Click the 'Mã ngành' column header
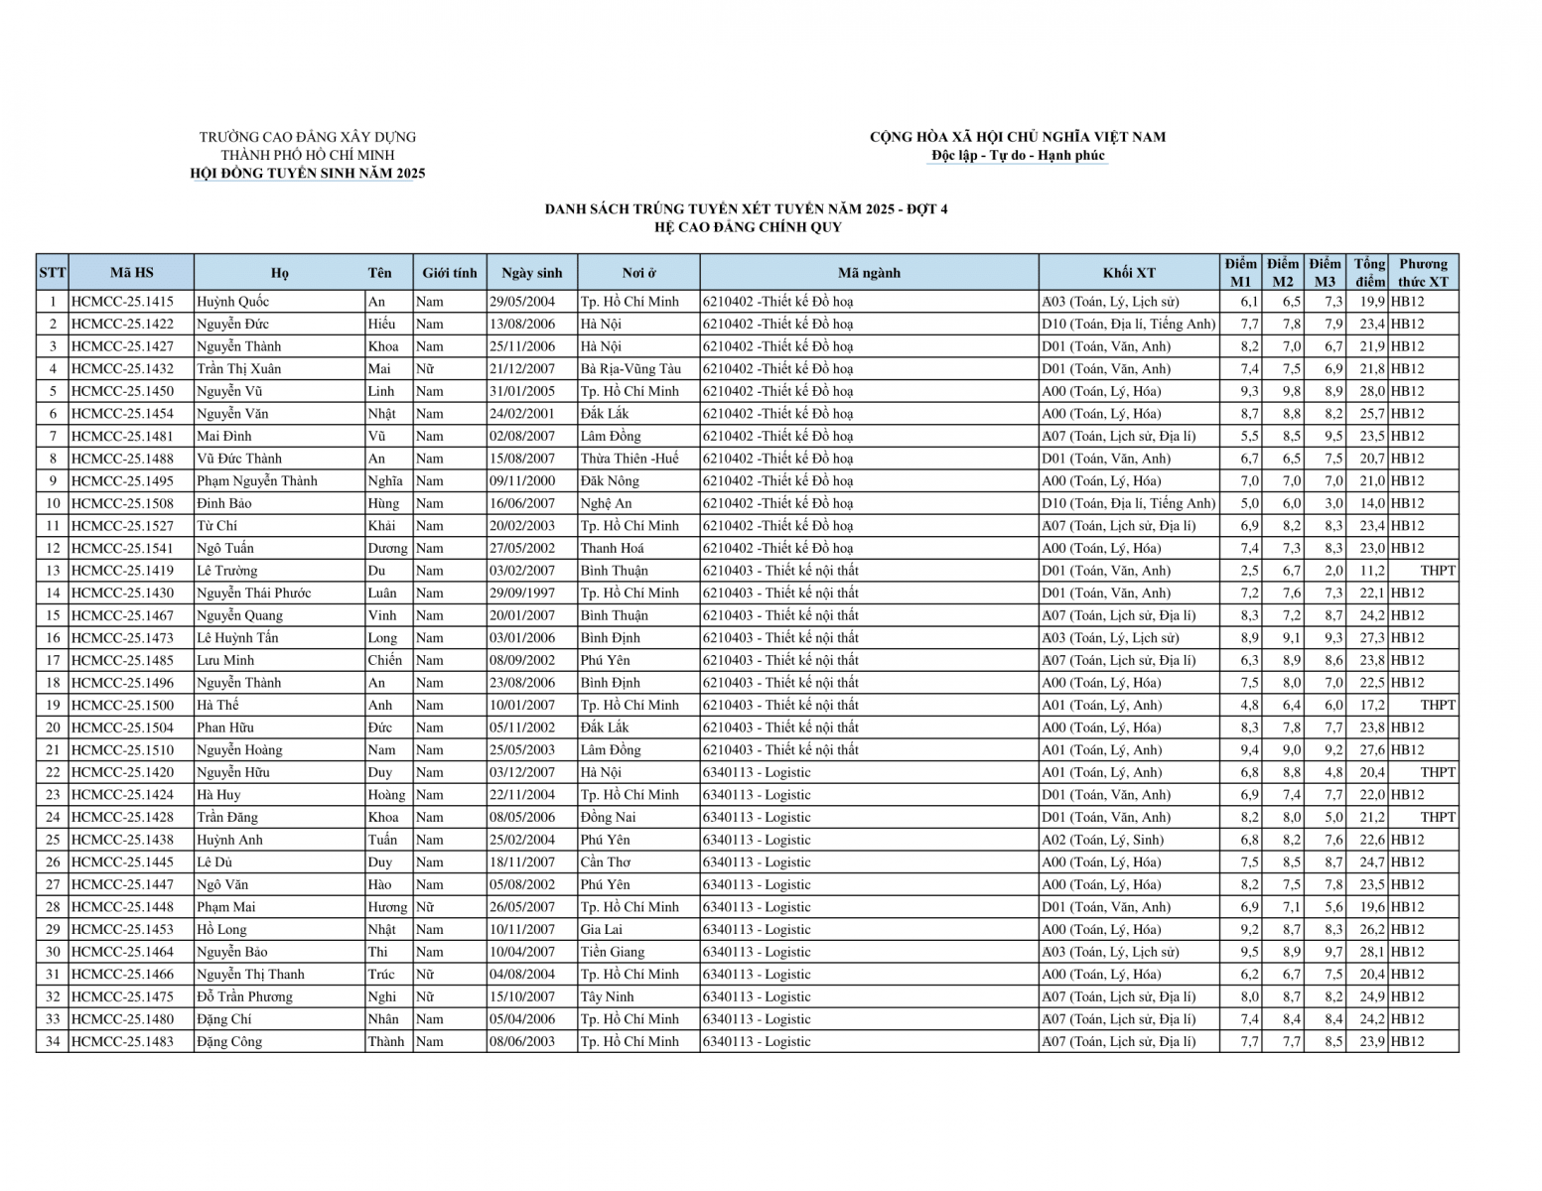pyautogui.click(x=869, y=273)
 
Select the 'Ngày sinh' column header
pyautogui.click(x=531, y=273)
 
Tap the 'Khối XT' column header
pyautogui.click(x=1129, y=273)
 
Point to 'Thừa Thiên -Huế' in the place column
pyautogui.click(x=630, y=459)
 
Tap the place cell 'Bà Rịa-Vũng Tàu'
pyautogui.click(x=631, y=368)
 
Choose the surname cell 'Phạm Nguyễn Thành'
pyautogui.click(x=257, y=480)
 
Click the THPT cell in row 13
pyautogui.click(x=1437, y=571)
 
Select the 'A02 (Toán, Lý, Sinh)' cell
pyautogui.click(x=1102, y=840)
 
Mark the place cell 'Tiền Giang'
pyautogui.click(x=613, y=952)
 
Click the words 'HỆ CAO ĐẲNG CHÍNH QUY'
pyautogui.click(x=747, y=227)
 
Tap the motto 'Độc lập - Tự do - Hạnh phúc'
pyautogui.click(x=1018, y=156)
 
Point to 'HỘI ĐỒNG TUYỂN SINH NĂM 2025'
pyautogui.click(x=308, y=174)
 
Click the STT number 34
pyautogui.click(x=53, y=1041)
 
